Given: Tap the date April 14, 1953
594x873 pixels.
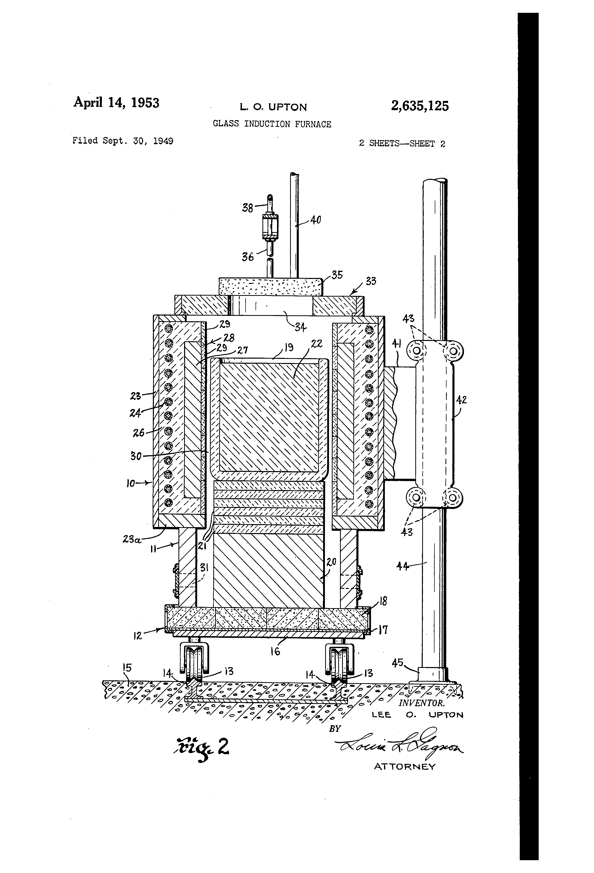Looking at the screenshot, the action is tap(116, 102).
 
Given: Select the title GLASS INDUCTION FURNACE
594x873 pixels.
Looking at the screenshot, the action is tap(272, 124).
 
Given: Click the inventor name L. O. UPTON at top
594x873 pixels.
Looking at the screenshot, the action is tap(273, 107).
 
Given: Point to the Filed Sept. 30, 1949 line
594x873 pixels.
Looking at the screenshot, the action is tap(123, 141).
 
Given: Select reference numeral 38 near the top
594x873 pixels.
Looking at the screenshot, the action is tap(247, 208).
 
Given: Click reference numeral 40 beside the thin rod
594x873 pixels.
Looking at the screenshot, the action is tap(315, 220).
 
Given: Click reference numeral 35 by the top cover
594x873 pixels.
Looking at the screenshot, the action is tap(337, 275).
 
